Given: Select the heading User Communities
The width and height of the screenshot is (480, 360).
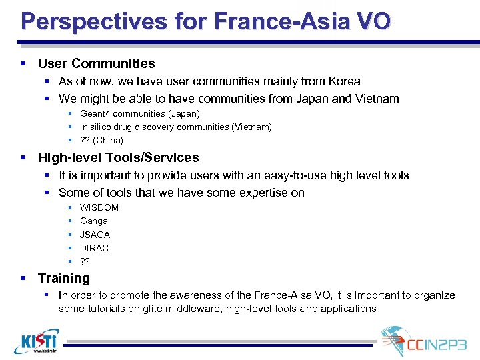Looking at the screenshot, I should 96,63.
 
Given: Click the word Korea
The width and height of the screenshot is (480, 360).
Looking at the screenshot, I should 344,81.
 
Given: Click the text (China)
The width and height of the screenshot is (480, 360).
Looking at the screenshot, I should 108,140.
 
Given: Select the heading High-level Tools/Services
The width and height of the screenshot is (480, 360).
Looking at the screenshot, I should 118,157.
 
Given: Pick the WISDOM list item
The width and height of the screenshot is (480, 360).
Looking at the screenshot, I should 99,207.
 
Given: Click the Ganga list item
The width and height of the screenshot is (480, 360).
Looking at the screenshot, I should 93,221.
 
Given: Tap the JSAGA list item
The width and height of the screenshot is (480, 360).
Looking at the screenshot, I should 95,235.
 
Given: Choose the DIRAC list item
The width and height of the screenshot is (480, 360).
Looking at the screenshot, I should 94,248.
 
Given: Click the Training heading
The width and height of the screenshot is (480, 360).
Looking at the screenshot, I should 63,278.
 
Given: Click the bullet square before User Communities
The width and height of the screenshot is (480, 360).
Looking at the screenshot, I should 23,63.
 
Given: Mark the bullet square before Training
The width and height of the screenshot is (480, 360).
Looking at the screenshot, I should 23,278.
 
